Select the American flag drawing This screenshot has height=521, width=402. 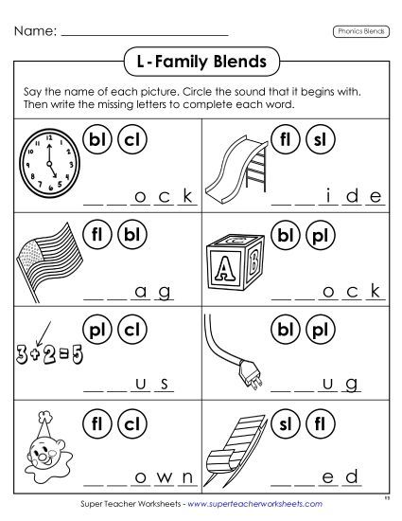pyautogui.click(x=46, y=253)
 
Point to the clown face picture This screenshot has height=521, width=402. pyautogui.click(x=43, y=437)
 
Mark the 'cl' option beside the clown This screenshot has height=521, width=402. pyautogui.click(x=132, y=420)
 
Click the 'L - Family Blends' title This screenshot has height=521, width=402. pyautogui.click(x=201, y=63)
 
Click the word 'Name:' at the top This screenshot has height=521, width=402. pyautogui.click(x=34, y=31)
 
